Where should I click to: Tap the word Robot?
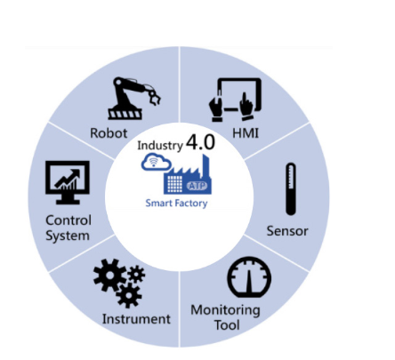109,133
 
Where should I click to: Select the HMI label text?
246,133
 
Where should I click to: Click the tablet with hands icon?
235,100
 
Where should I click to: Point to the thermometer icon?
291,189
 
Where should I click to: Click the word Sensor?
287,231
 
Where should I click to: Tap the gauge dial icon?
249,277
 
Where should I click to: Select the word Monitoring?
225,310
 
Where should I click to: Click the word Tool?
227,325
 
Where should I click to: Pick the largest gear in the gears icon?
109,275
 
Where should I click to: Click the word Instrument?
136,319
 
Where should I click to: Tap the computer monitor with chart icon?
68,182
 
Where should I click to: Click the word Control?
69,220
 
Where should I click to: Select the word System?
68,236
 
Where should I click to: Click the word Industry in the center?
160,146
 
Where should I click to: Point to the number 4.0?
200,142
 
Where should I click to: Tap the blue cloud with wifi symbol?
157,163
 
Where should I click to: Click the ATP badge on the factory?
197,186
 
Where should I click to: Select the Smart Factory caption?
176,204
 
